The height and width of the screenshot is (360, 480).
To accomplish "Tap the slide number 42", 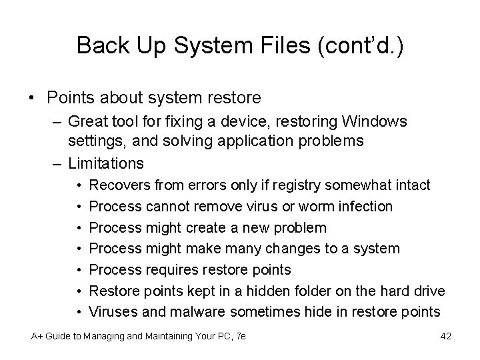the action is coord(445,336).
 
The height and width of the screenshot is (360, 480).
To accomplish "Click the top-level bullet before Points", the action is coord(32,98).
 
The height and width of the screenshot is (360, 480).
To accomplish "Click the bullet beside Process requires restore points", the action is coord(79,269).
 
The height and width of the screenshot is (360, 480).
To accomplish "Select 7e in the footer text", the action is coord(240,336).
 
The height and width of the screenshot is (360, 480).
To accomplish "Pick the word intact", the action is coord(413,184).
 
